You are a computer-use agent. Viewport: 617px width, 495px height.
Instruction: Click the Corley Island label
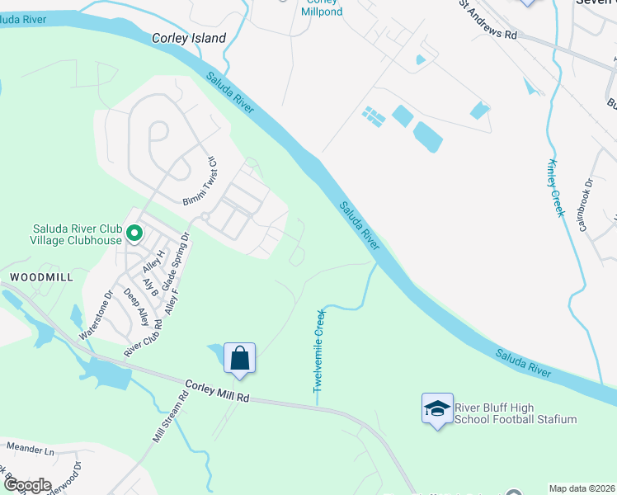[189, 38]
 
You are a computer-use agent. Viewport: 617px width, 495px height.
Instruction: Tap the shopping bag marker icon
[239, 359]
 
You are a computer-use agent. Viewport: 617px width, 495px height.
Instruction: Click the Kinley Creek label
[555, 187]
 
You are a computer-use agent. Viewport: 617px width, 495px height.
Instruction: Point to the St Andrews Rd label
[489, 22]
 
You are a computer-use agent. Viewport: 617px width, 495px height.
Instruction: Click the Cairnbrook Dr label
[586, 205]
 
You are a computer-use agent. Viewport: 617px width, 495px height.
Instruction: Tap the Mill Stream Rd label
[172, 417]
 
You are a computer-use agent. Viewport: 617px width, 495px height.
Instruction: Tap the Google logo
[26, 485]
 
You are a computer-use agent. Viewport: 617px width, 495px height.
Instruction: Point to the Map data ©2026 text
[581, 488]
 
